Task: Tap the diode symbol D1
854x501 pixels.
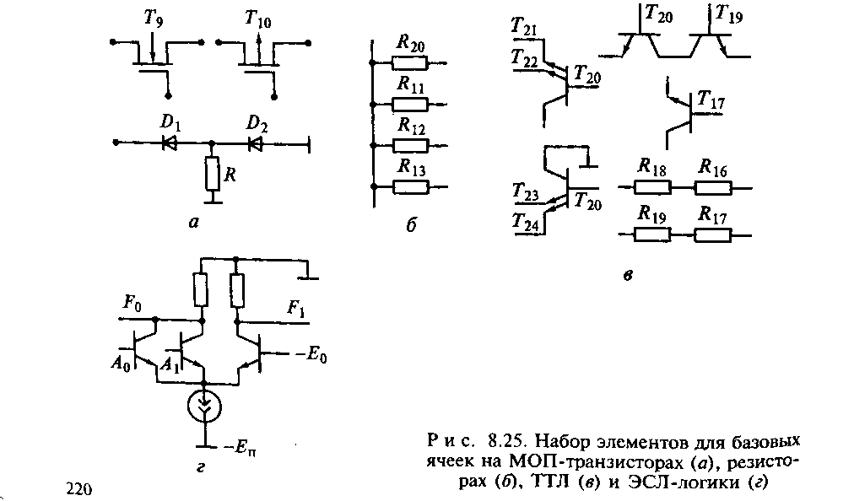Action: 170,143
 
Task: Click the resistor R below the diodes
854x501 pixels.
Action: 212,175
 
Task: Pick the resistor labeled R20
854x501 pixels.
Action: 410,62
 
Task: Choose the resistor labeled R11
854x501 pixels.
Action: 410,104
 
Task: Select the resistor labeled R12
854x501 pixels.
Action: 410,144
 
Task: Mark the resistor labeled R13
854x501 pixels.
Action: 410,186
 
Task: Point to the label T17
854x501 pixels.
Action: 711,103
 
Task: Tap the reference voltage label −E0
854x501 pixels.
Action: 311,355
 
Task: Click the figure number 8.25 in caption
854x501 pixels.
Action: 505,442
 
